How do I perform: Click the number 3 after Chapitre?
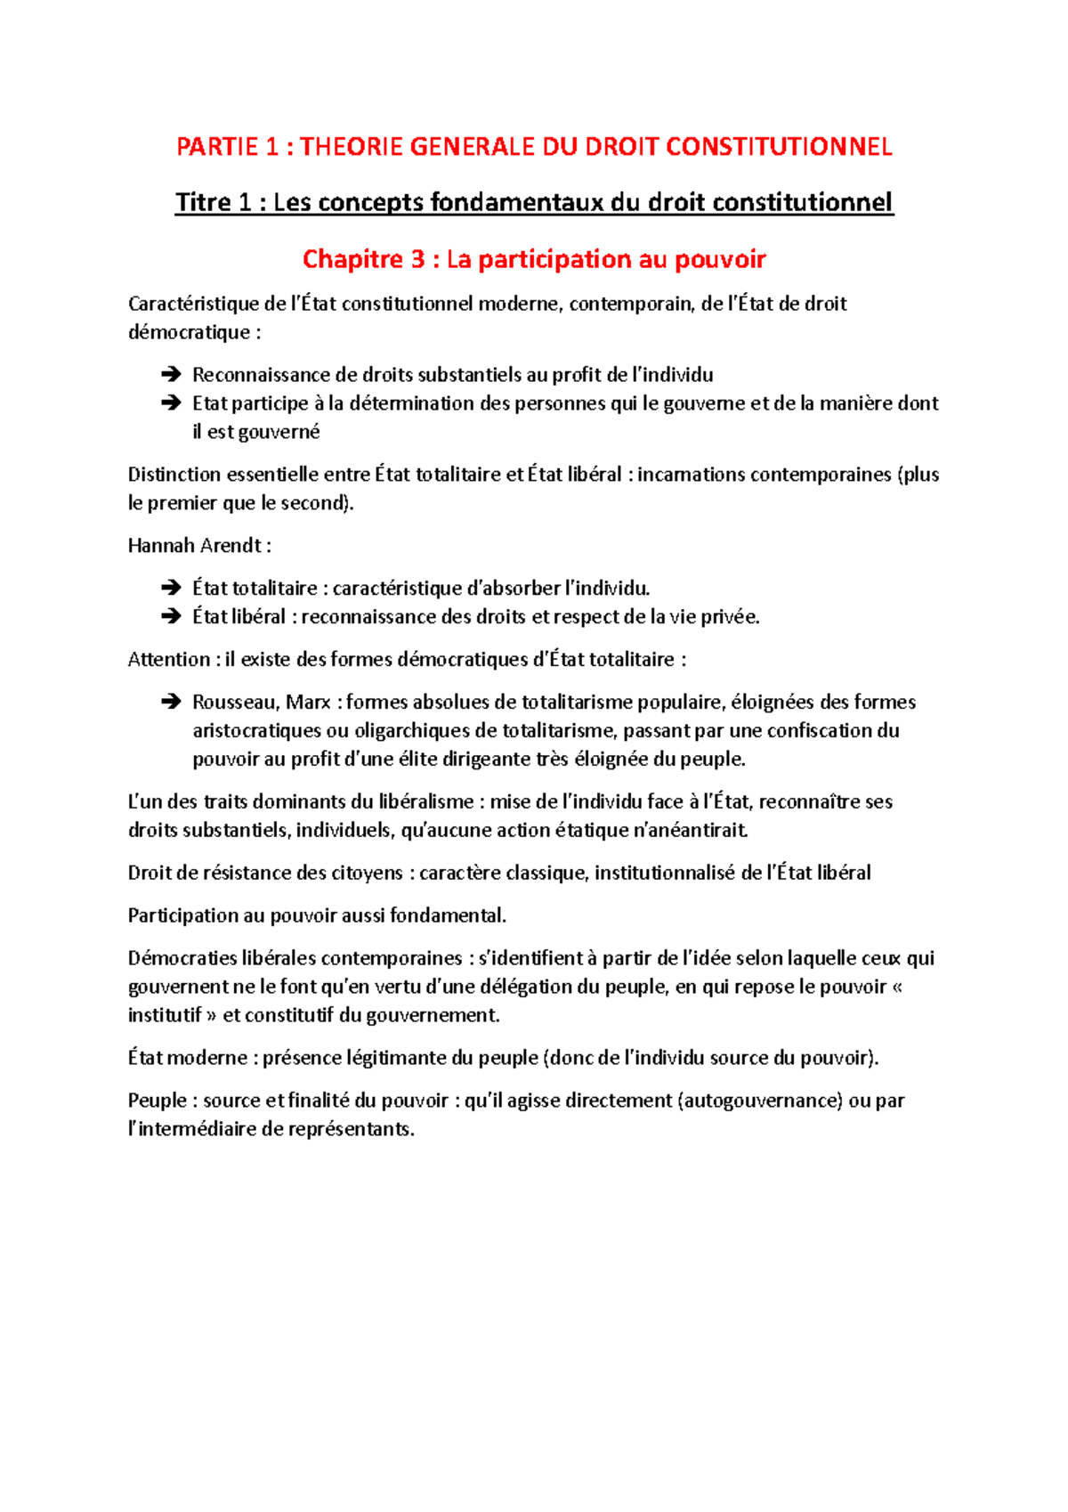417,259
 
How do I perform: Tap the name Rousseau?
234,703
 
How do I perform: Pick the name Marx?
308,703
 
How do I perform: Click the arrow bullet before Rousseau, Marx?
170,703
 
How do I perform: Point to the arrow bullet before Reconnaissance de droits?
170,375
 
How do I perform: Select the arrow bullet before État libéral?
170,617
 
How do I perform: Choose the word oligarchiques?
413,731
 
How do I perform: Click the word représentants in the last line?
351,1130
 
